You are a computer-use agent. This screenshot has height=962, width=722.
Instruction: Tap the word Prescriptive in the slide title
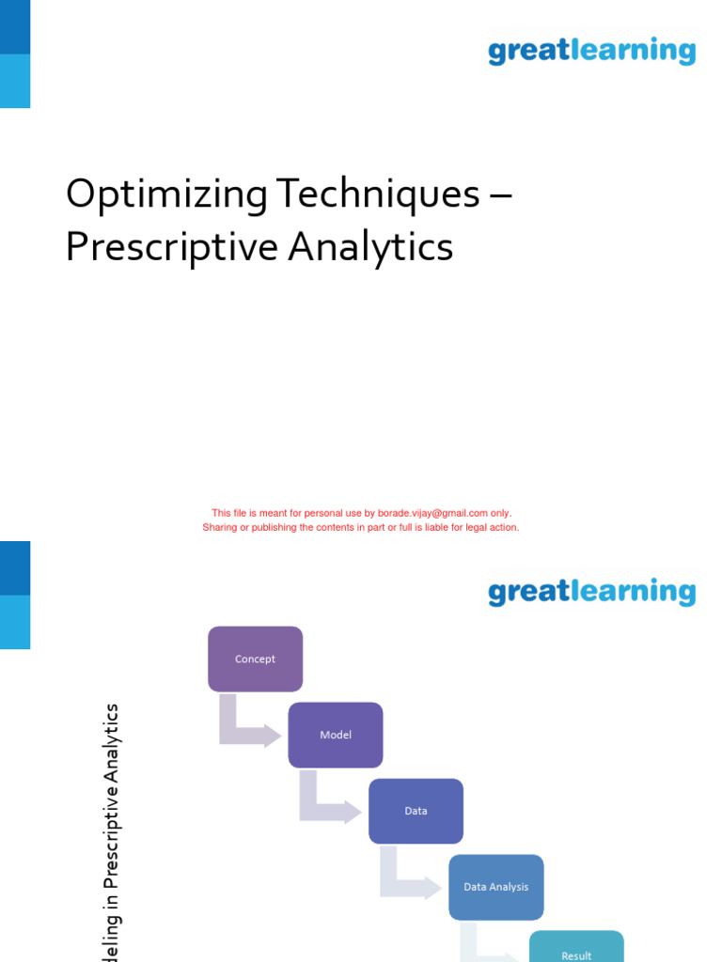coord(171,248)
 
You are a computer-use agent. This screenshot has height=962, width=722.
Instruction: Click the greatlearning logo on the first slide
coord(591,51)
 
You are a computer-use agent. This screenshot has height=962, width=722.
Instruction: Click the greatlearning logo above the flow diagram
coord(591,592)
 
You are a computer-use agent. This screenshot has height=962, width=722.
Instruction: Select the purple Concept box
coord(255,659)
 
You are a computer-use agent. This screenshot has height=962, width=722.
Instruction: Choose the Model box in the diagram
coord(336,735)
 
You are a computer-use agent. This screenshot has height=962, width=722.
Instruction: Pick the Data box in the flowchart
coord(416,811)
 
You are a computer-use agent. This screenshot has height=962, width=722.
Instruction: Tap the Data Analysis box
coord(495,887)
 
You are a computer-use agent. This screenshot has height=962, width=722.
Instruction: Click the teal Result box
coord(576,949)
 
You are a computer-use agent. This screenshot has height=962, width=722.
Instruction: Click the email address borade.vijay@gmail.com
coord(432,513)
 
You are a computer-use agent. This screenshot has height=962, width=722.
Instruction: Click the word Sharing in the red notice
coord(219,527)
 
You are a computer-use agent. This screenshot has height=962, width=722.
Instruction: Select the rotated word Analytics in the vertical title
coord(112,745)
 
